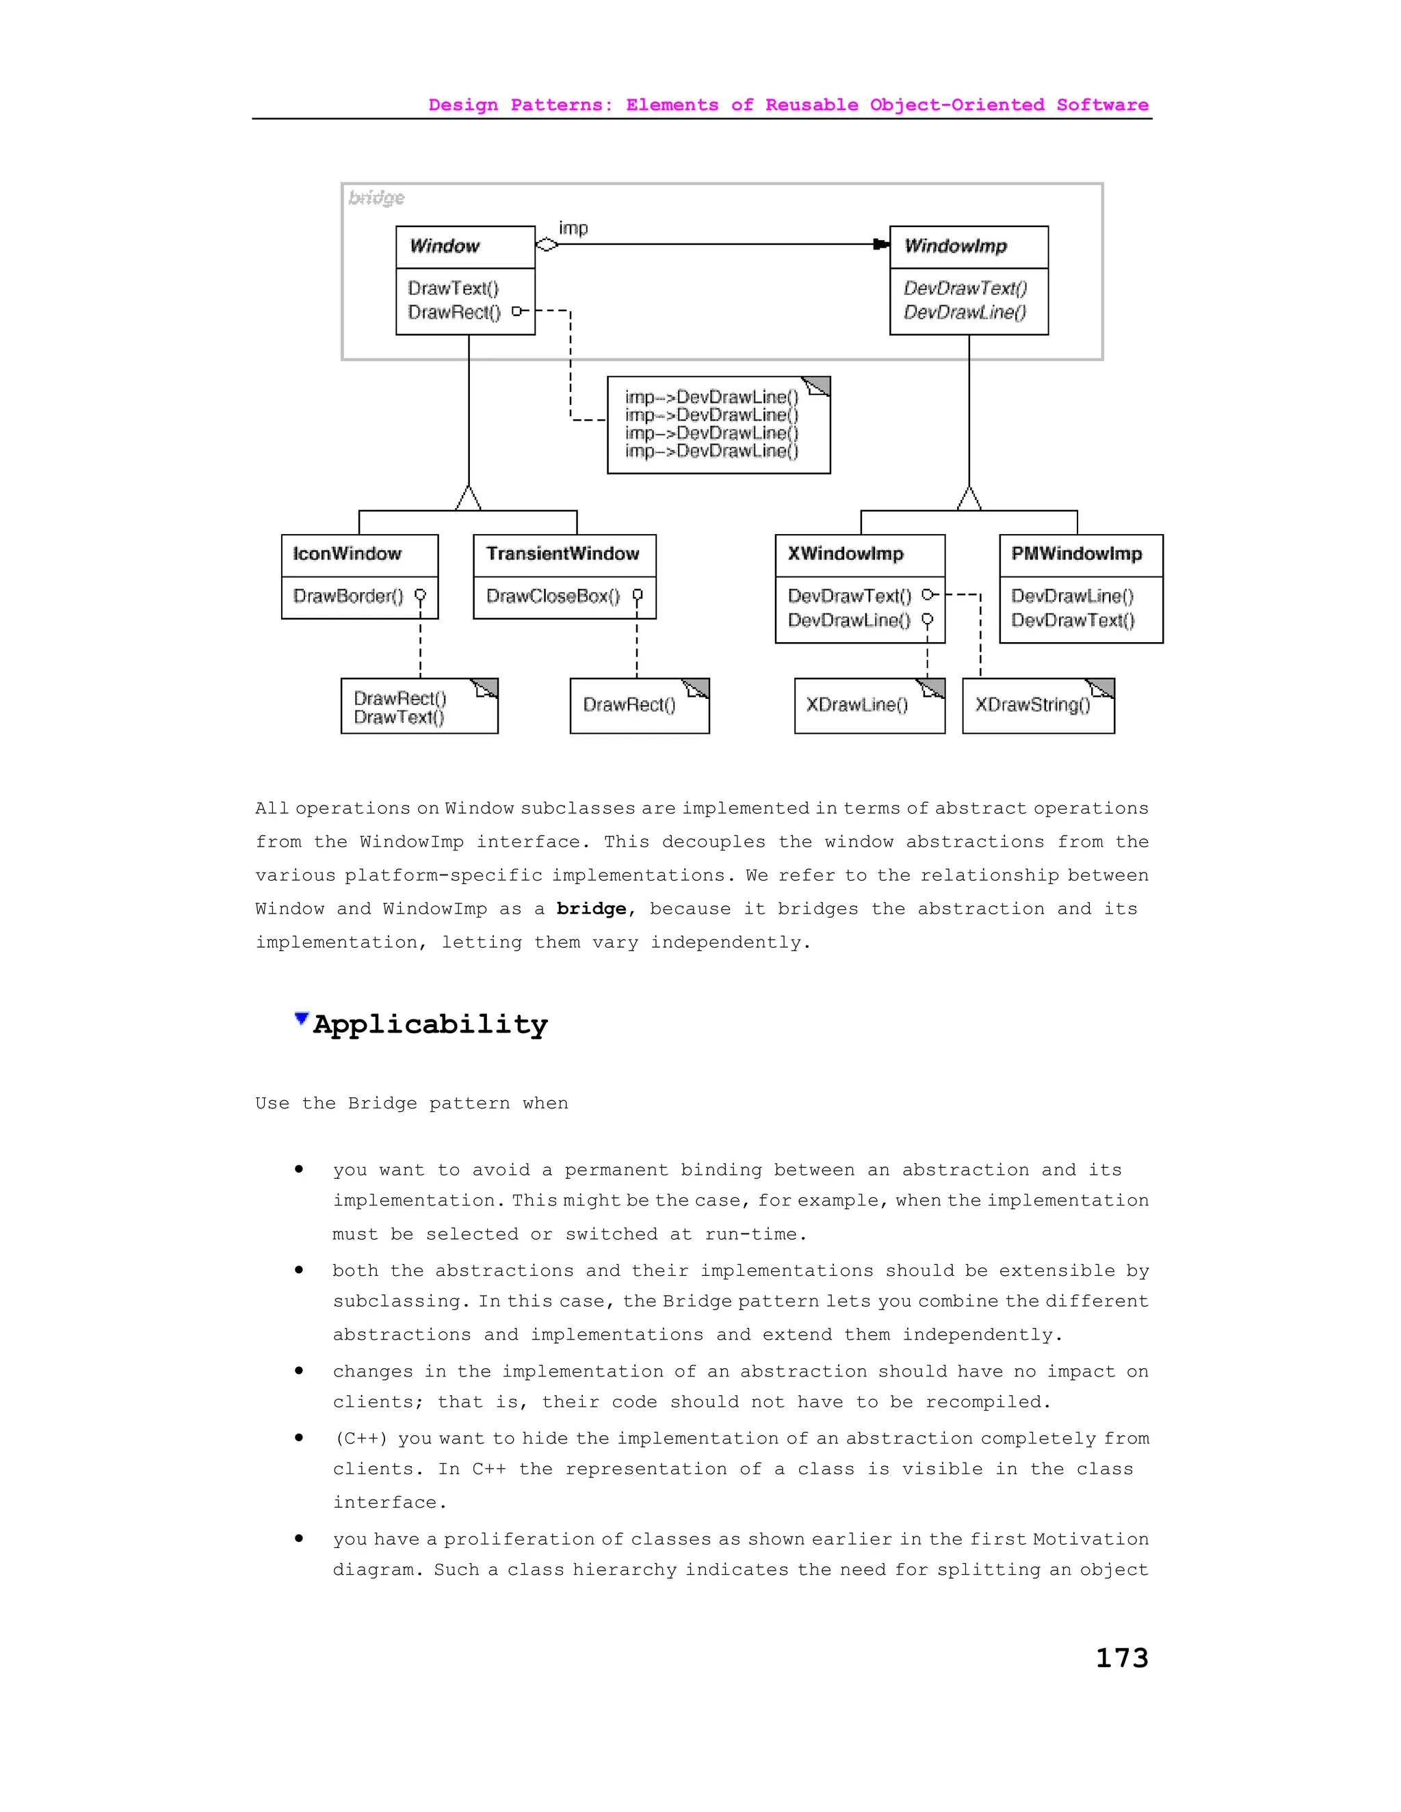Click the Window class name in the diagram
point(445,246)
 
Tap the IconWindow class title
point(347,555)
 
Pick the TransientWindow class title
point(563,555)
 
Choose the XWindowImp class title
point(846,555)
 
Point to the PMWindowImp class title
point(1077,555)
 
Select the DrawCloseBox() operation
point(553,596)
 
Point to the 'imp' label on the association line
point(573,228)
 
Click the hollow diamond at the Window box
point(547,245)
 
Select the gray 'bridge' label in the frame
point(377,198)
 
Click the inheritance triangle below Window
point(469,498)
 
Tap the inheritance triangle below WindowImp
point(969,498)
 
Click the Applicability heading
point(430,1025)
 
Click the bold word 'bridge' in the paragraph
point(591,909)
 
